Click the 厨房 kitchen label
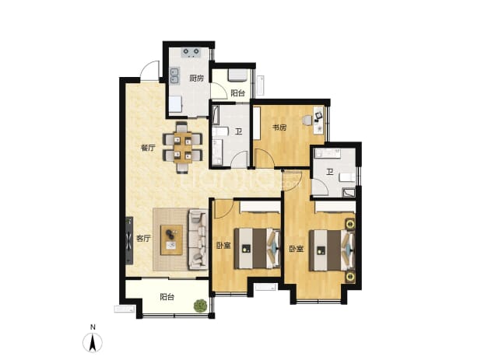pyautogui.click(x=196, y=79)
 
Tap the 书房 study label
pyautogui.click(x=279, y=128)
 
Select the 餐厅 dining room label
pyautogui.click(x=148, y=149)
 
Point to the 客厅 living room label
pyautogui.click(x=143, y=239)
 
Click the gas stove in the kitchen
pyautogui.click(x=191, y=53)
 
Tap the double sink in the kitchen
pyautogui.click(x=175, y=75)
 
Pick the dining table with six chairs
pyautogui.click(x=183, y=148)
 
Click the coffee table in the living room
pyautogui.click(x=172, y=240)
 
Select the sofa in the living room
pyautogui.click(x=198, y=239)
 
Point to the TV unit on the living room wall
pyautogui.click(x=129, y=240)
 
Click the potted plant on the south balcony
pyautogui.click(x=200, y=305)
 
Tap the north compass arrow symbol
pyautogui.click(x=93, y=342)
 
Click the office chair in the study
pyautogui.click(x=307, y=121)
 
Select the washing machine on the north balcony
pyautogui.click(x=237, y=75)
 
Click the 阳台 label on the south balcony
pyautogui.click(x=167, y=297)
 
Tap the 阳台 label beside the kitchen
pyautogui.click(x=237, y=93)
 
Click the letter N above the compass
pyautogui.click(x=93, y=327)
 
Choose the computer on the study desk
pyautogui.click(x=318, y=116)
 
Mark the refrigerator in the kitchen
pyautogui.click(x=175, y=103)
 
